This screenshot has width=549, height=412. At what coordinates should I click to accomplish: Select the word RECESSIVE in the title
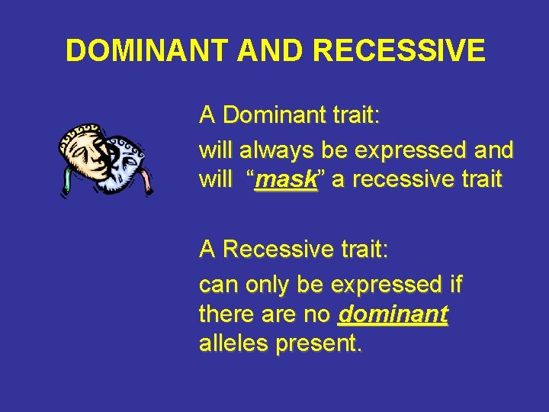click(399, 50)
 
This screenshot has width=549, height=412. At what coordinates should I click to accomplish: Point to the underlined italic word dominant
click(393, 314)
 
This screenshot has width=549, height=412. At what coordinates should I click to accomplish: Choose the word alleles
click(233, 343)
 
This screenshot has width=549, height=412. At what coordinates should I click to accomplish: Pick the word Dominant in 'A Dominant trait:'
click(278, 116)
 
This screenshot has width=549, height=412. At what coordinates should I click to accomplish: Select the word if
click(455, 285)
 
